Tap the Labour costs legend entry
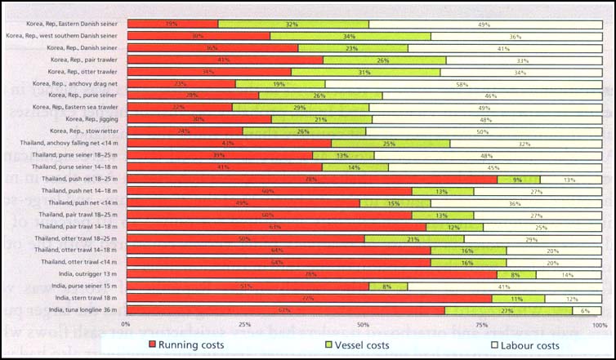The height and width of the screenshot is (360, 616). [522, 345]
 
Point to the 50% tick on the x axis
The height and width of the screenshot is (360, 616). [363, 325]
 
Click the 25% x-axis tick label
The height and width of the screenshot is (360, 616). [244, 325]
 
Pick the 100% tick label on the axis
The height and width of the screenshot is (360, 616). [599, 325]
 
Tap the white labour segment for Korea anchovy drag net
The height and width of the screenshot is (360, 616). [462, 83]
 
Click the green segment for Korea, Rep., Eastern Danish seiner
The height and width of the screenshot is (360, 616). [292, 24]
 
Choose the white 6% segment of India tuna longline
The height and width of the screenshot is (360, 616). [586, 310]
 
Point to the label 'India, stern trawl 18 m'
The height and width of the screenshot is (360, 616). [83, 298]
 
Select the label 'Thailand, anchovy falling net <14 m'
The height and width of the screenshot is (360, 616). [71, 143]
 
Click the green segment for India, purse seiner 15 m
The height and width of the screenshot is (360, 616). [388, 287]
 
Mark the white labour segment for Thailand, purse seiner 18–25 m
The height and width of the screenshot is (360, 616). [487, 155]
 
